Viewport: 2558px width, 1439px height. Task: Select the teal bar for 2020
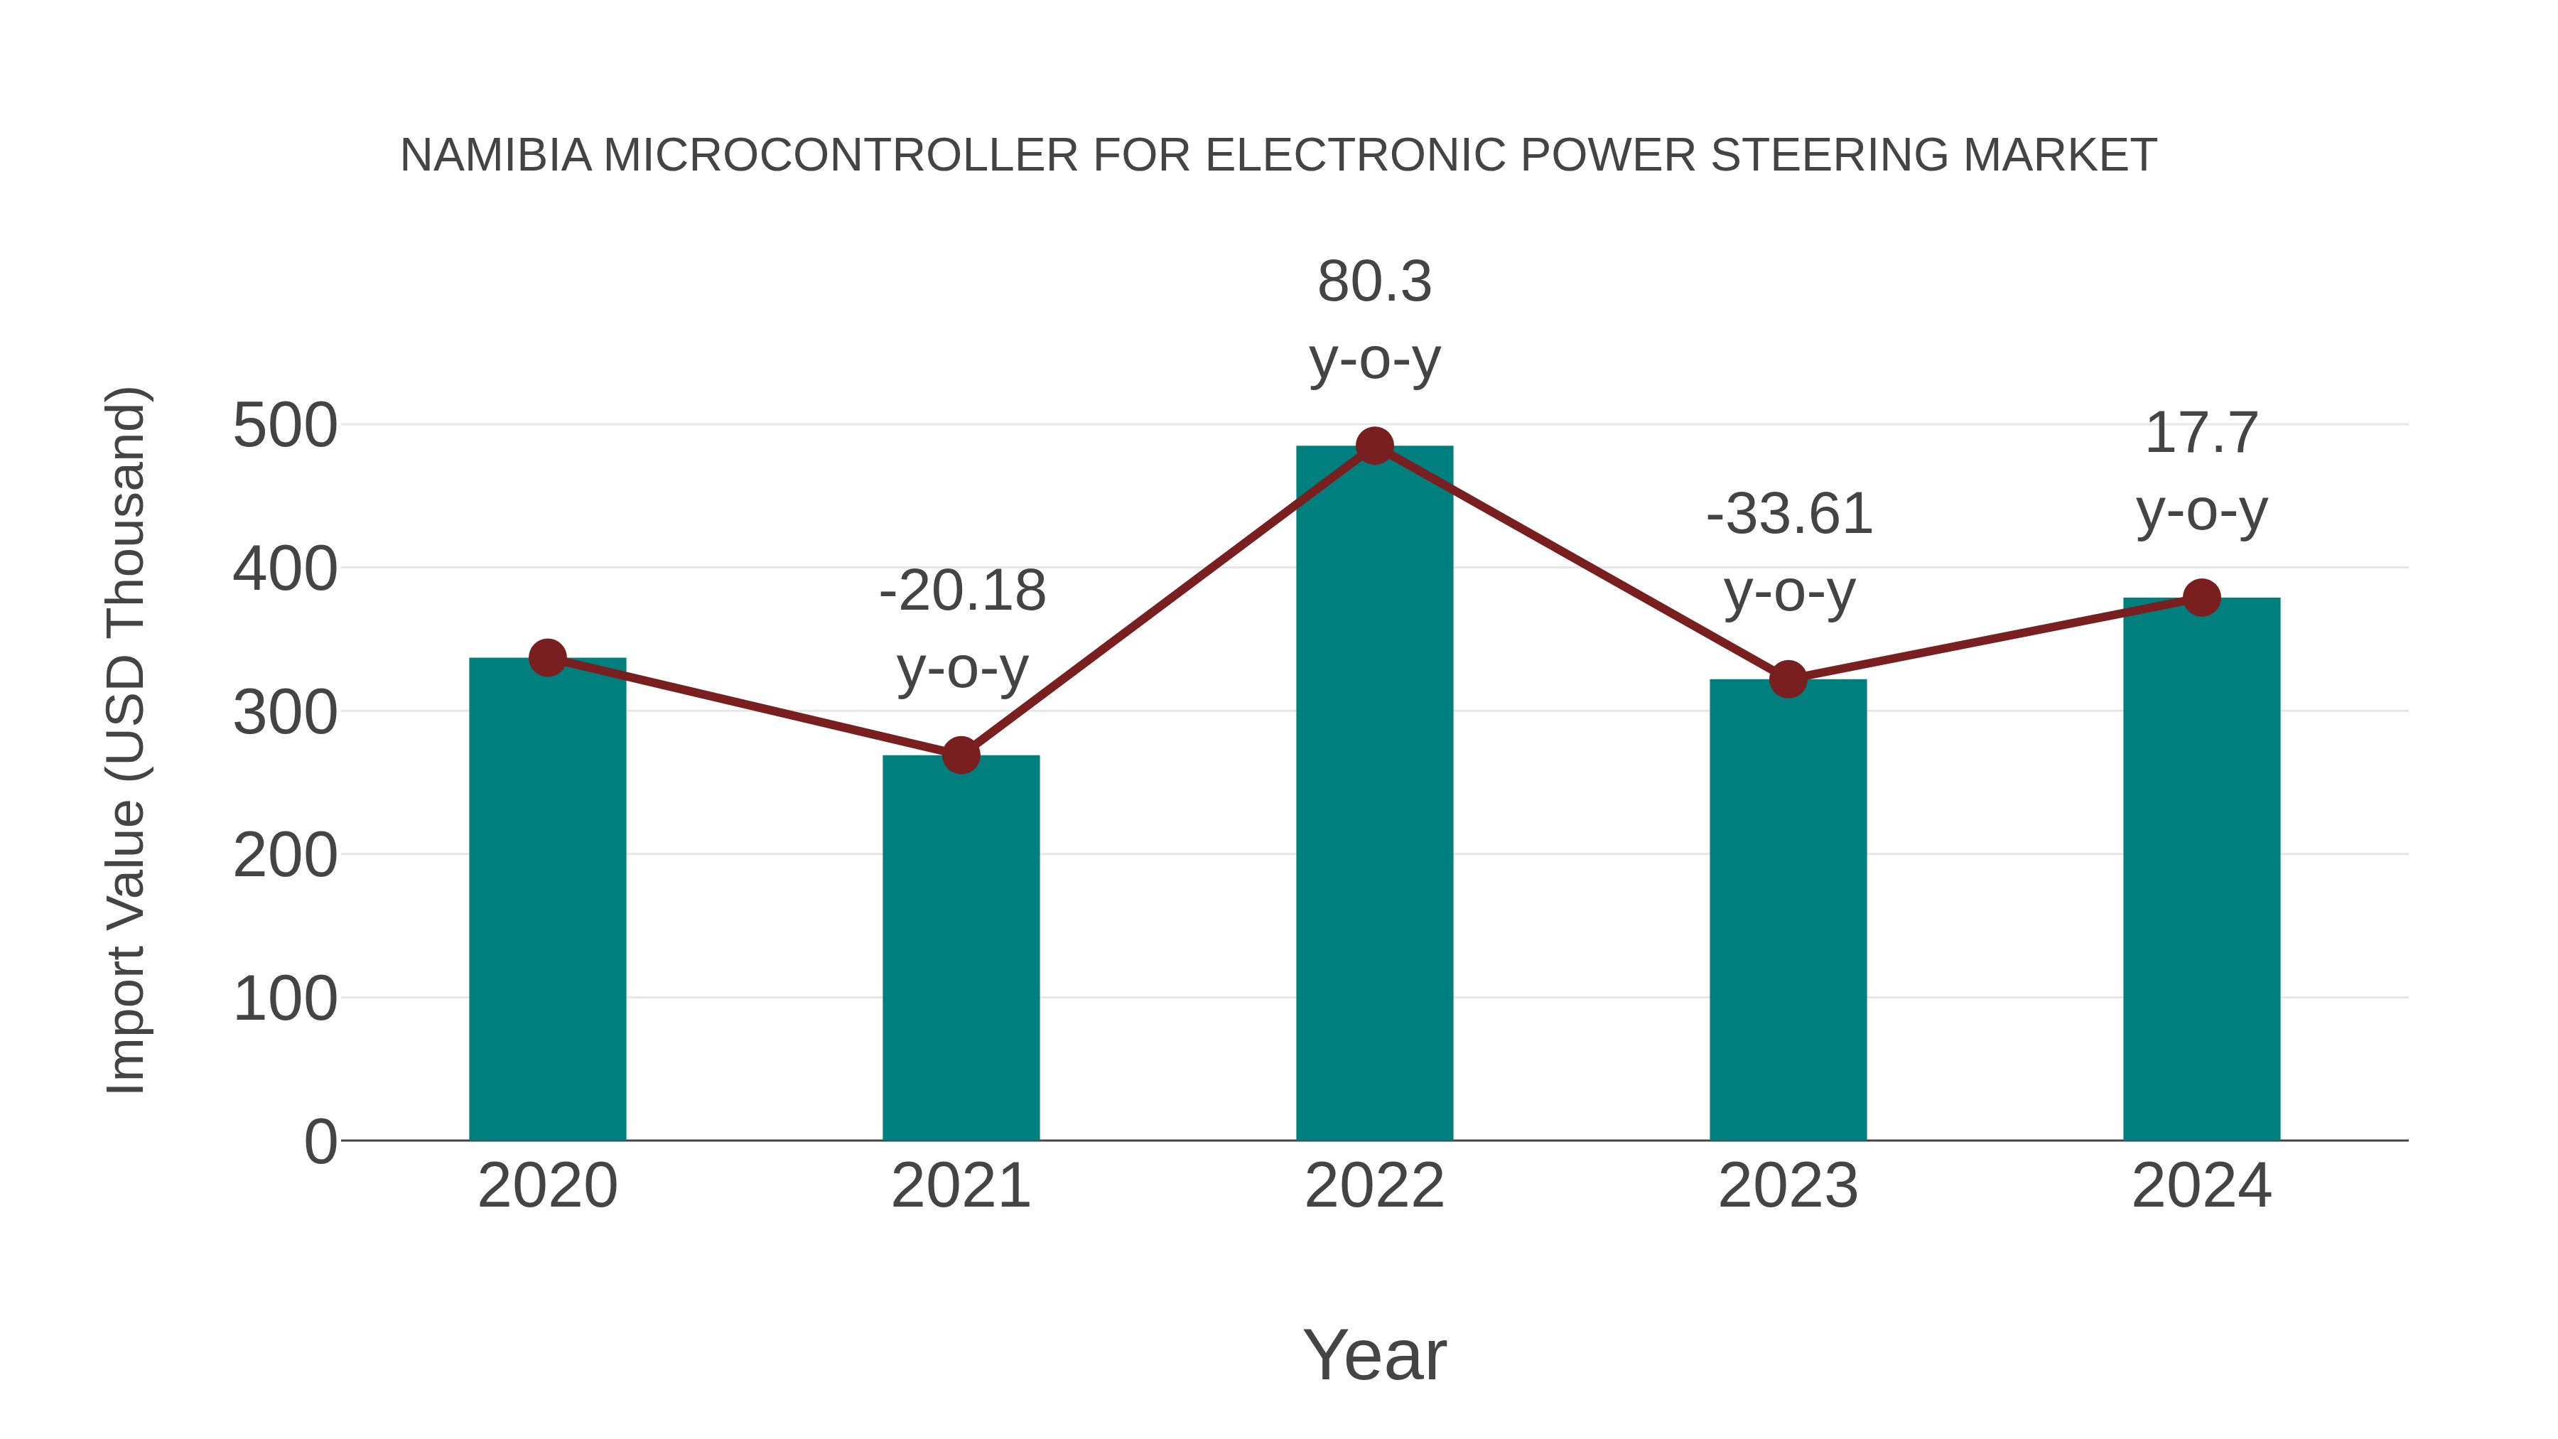point(547,899)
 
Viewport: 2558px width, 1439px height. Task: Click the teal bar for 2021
point(960,949)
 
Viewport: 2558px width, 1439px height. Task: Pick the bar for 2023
point(1788,910)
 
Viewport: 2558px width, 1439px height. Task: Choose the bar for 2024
point(2201,869)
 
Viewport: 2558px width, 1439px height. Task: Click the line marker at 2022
point(1374,446)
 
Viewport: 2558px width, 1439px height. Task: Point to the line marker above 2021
point(960,756)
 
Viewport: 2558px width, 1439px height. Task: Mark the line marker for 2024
point(2201,598)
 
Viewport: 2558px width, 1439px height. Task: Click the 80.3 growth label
point(1374,282)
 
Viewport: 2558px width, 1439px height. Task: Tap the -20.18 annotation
point(962,592)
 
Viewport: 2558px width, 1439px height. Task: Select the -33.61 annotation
point(1788,515)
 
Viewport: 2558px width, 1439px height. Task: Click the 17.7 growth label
point(2201,434)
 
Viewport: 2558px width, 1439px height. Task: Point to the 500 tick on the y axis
point(285,427)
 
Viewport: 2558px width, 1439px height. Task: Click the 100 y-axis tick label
point(285,999)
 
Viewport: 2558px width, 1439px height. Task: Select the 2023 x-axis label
point(1788,1187)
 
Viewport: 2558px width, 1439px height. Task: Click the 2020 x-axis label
point(547,1187)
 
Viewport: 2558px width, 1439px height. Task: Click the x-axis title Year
point(1374,1356)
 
